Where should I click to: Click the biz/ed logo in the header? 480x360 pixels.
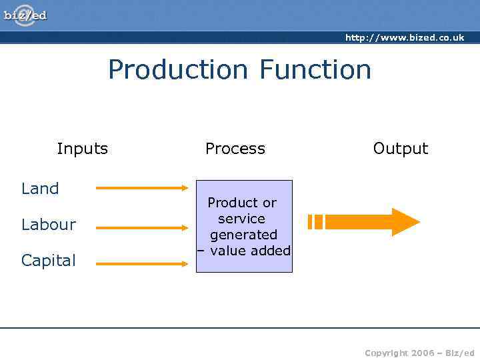pos(25,15)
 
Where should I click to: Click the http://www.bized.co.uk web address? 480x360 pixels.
pos(404,38)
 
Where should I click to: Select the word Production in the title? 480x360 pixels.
pos(178,70)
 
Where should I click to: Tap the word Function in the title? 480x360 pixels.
pos(315,69)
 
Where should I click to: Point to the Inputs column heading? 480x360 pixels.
pos(82,149)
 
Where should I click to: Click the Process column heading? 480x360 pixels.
pos(235,149)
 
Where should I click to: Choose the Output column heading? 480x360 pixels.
pos(400,149)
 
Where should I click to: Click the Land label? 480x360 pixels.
pos(40,189)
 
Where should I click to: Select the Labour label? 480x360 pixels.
pos(49,225)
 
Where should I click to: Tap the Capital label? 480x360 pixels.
pos(49,261)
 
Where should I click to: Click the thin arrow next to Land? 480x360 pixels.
pos(142,189)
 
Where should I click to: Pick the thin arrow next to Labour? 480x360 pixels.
pos(142,228)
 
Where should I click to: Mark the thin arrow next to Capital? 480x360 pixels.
pos(142,264)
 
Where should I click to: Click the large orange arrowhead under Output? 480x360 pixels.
pos(405,222)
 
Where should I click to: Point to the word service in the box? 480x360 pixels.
pos(241,219)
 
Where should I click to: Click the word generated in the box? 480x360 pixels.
pos(243,235)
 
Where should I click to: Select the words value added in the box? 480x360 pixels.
pos(250,251)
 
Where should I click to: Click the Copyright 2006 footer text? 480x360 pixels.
pos(419,353)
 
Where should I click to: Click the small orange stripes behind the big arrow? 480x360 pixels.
pos(315,222)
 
